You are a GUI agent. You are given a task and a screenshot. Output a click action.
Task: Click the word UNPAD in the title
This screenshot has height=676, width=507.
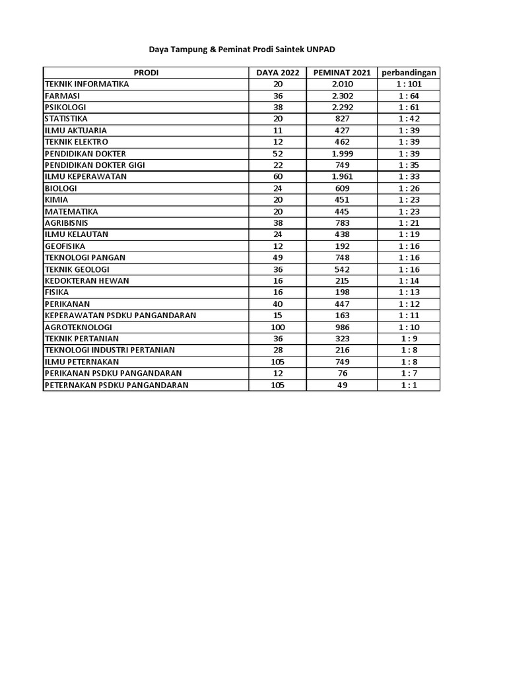(x=325, y=50)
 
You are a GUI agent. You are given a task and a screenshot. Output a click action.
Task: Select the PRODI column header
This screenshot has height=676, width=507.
(x=146, y=73)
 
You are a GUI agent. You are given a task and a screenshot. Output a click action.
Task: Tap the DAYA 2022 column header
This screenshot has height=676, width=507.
(x=277, y=73)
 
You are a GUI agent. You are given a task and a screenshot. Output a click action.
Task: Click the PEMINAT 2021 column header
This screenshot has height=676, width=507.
(x=342, y=73)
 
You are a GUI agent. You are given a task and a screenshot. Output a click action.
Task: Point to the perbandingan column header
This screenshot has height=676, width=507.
(x=409, y=73)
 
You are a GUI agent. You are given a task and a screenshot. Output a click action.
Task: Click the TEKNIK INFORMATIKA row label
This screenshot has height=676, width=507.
(x=86, y=84)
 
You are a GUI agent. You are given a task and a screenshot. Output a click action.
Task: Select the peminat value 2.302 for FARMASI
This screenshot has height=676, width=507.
(x=342, y=96)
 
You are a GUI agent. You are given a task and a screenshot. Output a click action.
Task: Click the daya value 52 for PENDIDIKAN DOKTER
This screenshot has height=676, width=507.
(x=277, y=153)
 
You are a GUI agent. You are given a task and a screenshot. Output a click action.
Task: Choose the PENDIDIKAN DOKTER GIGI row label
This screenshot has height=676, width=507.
(x=94, y=165)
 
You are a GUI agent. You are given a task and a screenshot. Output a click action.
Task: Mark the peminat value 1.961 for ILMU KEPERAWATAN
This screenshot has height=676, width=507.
(x=342, y=176)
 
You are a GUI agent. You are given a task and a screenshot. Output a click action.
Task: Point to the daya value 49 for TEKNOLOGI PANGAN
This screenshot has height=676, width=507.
(x=277, y=257)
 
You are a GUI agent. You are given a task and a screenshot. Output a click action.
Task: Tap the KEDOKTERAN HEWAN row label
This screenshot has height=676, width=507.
(x=86, y=281)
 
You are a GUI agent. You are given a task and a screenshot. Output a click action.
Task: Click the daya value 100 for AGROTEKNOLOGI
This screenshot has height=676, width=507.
(x=277, y=327)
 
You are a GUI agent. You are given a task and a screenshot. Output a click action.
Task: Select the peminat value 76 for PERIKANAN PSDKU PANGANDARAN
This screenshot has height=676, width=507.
(x=342, y=373)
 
